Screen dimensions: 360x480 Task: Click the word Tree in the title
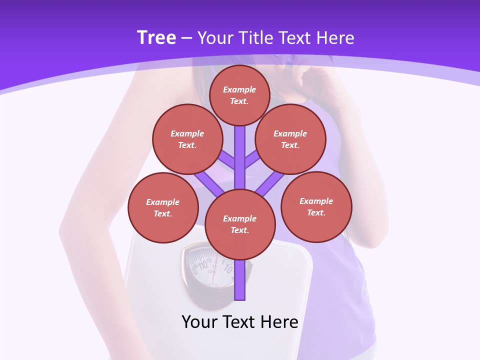click(156, 37)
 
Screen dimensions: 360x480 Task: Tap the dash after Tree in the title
click(187, 38)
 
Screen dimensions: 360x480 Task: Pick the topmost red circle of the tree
click(239, 95)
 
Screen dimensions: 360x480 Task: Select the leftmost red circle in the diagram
click(163, 207)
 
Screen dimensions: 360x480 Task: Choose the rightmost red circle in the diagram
click(316, 206)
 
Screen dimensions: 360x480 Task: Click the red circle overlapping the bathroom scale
click(240, 224)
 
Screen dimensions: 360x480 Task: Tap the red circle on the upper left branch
click(187, 139)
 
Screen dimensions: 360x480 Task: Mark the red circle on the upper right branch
click(290, 139)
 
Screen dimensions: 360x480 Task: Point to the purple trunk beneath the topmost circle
click(240, 150)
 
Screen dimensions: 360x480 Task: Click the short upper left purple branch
click(228, 161)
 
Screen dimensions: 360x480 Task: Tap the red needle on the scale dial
click(213, 273)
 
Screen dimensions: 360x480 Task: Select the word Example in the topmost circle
click(239, 90)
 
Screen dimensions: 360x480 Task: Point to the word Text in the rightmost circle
click(316, 212)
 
